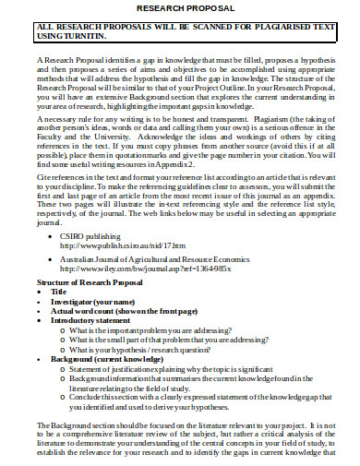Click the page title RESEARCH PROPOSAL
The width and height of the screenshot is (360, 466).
181,8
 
